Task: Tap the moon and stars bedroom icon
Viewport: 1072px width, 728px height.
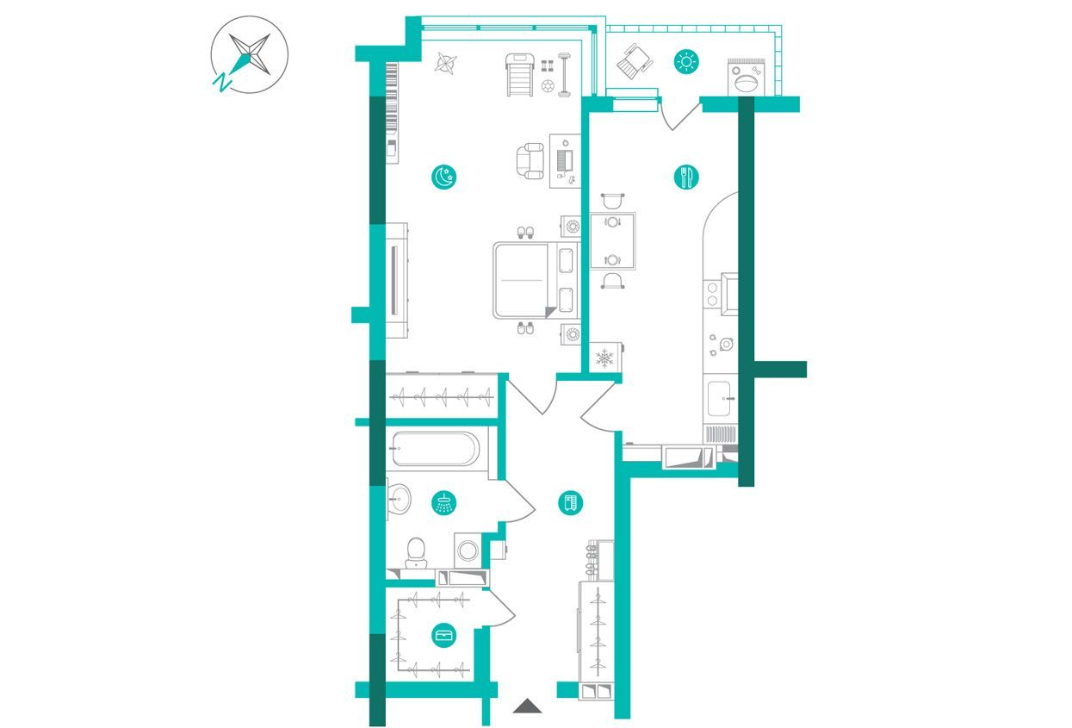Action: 443,177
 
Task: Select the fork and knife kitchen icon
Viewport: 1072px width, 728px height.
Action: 686,177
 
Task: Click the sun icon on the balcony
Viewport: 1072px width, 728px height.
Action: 687,62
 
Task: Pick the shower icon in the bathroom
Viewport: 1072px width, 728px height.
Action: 443,503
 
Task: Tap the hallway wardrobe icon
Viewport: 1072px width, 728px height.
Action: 571,503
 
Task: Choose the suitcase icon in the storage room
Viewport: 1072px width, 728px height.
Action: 443,636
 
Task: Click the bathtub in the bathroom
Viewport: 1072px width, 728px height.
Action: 436,449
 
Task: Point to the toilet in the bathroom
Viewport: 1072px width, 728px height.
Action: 415,553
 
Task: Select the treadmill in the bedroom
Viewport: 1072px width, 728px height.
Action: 520,75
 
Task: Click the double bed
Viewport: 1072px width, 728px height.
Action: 536,280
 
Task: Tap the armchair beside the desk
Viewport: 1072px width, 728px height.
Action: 530,161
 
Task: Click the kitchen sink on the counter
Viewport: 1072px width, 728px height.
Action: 719,399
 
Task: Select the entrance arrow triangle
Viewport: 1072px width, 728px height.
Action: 527,706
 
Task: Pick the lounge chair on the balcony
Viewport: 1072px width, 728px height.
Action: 634,60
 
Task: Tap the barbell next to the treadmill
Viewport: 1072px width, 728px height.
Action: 564,75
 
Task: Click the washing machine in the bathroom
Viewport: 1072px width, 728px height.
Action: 468,551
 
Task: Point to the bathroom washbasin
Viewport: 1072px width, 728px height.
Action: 399,499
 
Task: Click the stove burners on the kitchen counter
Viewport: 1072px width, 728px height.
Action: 712,294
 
